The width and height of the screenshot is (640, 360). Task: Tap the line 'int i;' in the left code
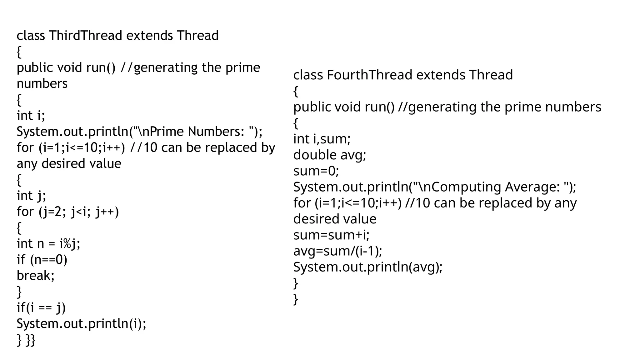coord(31,115)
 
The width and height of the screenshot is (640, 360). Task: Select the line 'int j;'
coord(31,196)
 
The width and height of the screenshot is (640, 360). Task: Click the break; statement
coord(35,276)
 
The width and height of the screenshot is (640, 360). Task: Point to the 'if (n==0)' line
coord(42,260)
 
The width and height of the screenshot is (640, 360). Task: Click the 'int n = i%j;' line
coord(48,243)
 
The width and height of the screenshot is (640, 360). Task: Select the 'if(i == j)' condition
coord(41,308)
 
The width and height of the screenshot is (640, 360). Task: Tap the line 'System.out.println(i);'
coord(81,324)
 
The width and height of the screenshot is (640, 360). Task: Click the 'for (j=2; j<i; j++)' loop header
coord(68,212)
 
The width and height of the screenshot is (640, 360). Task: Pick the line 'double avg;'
coord(330,155)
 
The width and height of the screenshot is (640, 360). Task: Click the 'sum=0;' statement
coord(316,171)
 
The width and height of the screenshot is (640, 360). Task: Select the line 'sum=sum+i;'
coord(331,235)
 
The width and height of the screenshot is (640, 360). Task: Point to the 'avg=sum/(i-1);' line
coord(337,251)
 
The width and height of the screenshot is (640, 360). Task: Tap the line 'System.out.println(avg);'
coord(368,267)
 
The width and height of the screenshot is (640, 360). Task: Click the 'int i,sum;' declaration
coord(322,139)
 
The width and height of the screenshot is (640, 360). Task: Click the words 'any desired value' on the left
coord(69,164)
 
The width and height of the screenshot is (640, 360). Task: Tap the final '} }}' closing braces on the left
coord(26,340)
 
